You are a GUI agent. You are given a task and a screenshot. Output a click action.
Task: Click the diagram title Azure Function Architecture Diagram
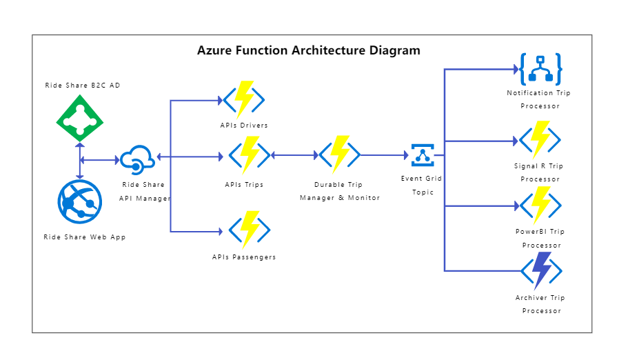click(x=308, y=50)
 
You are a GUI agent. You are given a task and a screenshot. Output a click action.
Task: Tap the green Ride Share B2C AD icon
click(x=80, y=121)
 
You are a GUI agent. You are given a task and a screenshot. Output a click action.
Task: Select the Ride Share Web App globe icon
click(x=80, y=202)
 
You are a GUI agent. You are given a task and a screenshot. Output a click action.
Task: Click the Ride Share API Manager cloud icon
click(x=138, y=159)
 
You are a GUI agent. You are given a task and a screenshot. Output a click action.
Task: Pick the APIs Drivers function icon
click(x=244, y=100)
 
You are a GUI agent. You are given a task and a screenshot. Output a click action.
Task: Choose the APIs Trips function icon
click(x=249, y=155)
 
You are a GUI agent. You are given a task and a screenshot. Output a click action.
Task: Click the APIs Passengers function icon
click(x=249, y=230)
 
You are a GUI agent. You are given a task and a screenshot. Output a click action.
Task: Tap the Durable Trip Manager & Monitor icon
click(x=339, y=155)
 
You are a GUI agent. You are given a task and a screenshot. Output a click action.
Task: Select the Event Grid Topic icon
click(x=422, y=155)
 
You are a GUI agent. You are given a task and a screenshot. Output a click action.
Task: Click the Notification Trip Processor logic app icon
click(x=540, y=69)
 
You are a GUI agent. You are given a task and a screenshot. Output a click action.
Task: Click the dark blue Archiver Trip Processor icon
click(x=540, y=270)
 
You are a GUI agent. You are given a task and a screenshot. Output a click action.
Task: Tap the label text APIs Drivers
click(x=244, y=126)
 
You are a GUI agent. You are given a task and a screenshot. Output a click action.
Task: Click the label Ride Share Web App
click(x=85, y=237)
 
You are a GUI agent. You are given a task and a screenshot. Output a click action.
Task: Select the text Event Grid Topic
click(x=422, y=185)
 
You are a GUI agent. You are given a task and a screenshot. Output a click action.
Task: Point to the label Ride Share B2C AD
click(x=83, y=86)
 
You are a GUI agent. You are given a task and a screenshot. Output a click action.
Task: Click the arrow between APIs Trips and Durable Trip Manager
click(x=294, y=156)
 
